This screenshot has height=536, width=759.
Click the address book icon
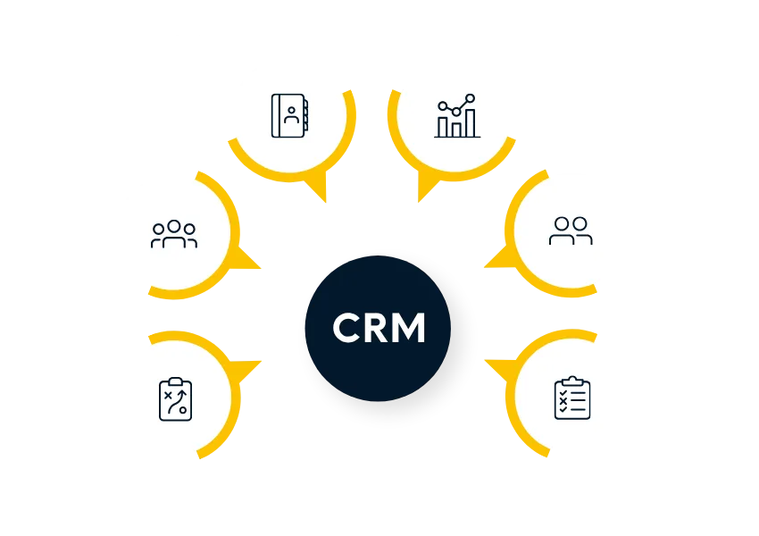tap(289, 115)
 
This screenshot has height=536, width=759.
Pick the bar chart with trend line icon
tap(457, 116)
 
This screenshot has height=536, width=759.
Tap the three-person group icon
tap(174, 234)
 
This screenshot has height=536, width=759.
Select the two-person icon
tap(571, 230)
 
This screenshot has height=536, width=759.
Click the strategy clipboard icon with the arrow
tap(174, 398)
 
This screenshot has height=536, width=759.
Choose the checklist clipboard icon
tap(572, 398)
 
